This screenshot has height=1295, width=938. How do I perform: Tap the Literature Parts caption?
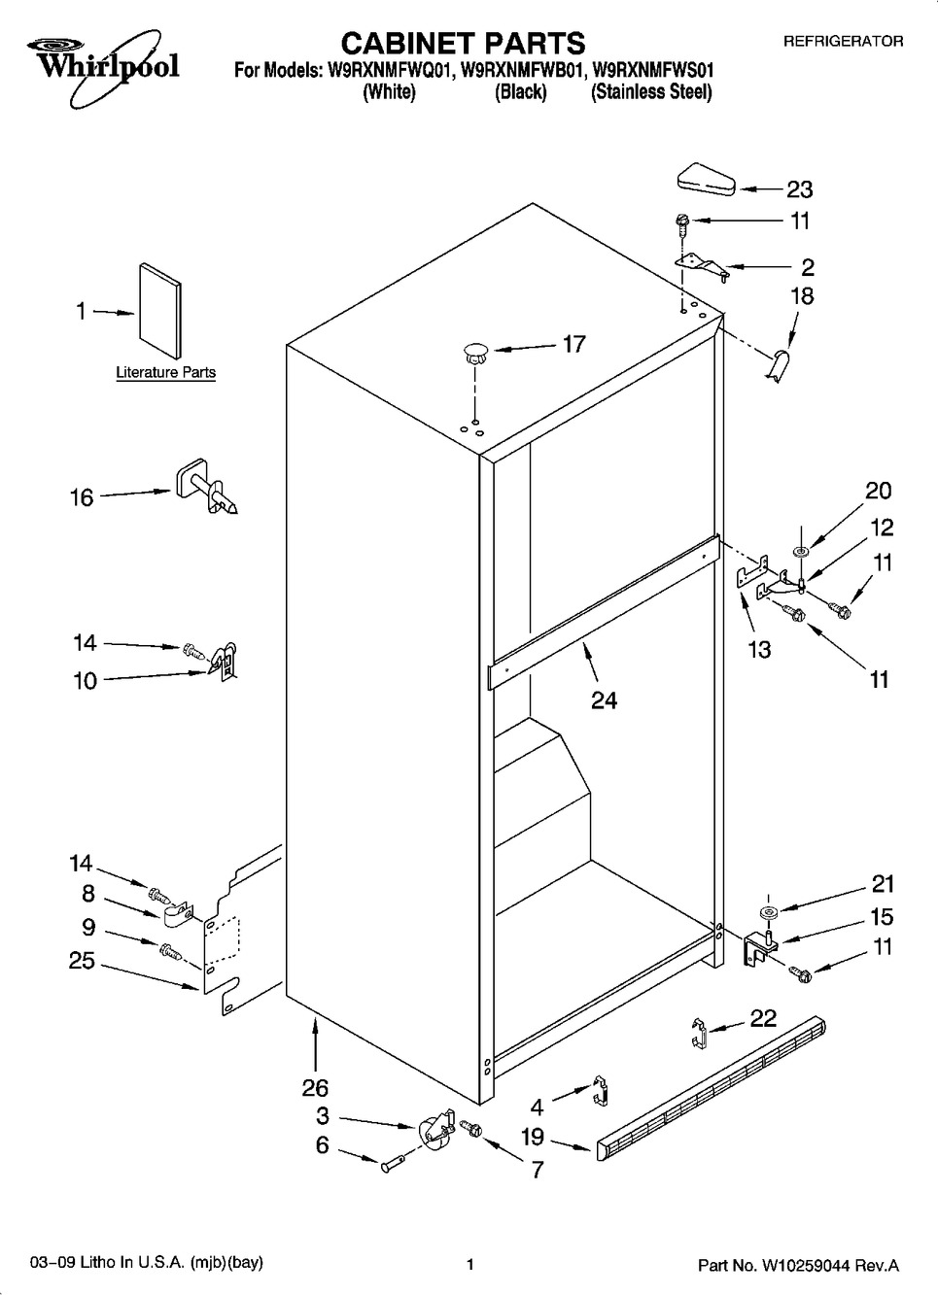(x=165, y=372)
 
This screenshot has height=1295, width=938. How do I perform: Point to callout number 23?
(x=799, y=189)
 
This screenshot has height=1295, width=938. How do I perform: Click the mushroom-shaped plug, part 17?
(x=475, y=353)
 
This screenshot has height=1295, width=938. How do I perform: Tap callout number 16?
(x=82, y=497)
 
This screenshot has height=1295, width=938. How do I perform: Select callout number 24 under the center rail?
(x=604, y=699)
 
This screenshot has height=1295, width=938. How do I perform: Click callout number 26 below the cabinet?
(x=316, y=1088)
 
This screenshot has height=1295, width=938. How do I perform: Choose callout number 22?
(x=764, y=1017)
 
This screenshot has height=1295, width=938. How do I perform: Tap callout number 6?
(x=322, y=1146)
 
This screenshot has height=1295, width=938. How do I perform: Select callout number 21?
(x=882, y=884)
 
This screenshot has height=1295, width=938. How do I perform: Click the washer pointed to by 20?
(x=801, y=552)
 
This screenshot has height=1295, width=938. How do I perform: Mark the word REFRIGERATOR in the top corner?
(x=843, y=42)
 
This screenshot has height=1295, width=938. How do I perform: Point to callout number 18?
(x=802, y=295)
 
